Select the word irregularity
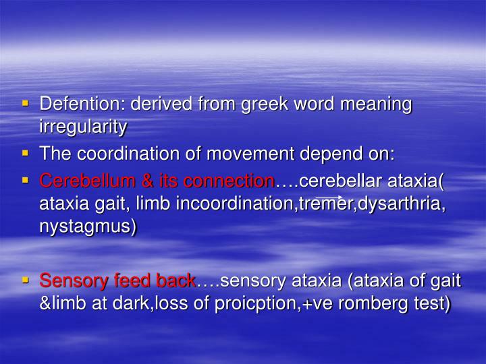[x=83, y=126]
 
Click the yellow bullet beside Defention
[x=26, y=104]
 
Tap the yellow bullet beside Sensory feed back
[x=26, y=280]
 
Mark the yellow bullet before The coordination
[x=26, y=153]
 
